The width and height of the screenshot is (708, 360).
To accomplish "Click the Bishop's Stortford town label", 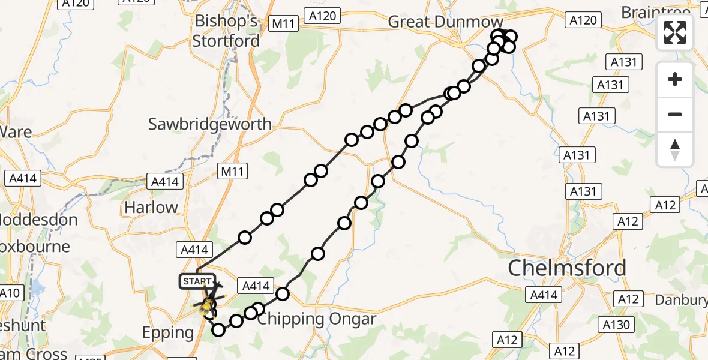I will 226,31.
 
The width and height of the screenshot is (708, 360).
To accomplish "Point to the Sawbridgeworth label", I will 210,124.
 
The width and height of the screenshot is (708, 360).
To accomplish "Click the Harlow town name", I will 151,208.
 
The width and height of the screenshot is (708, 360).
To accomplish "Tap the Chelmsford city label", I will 567,268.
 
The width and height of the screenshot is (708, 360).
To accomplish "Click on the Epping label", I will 167,332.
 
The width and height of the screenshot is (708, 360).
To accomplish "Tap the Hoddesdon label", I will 39,220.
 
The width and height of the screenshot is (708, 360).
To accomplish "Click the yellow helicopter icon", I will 208,307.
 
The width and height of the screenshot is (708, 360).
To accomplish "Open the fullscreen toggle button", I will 675,32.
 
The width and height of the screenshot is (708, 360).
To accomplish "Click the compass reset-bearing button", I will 675,149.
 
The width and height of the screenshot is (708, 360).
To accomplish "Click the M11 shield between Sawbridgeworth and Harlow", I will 232,172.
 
